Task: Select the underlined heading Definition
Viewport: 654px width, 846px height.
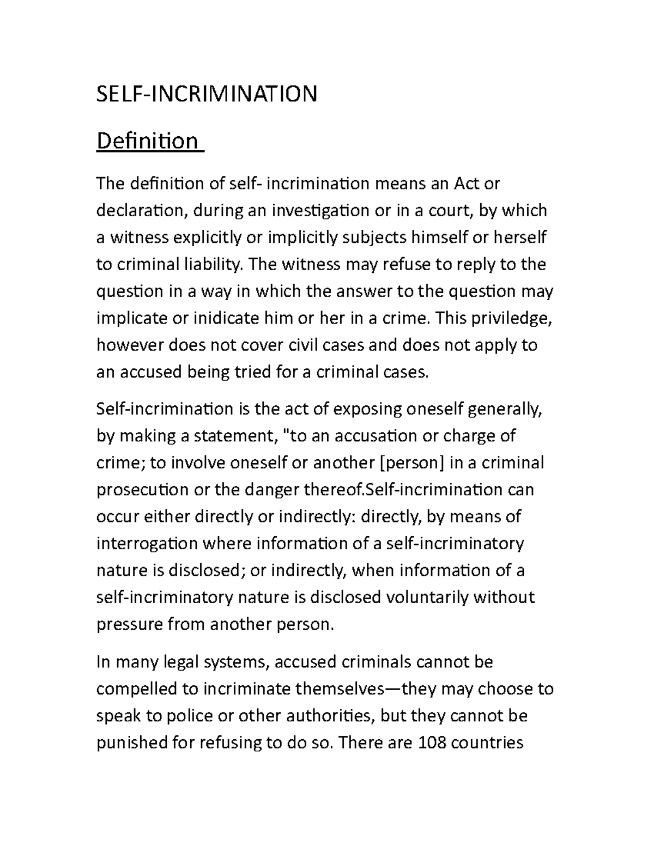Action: click(x=147, y=141)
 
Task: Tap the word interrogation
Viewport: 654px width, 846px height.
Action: click(x=147, y=543)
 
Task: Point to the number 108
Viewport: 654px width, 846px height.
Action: click(x=432, y=743)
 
